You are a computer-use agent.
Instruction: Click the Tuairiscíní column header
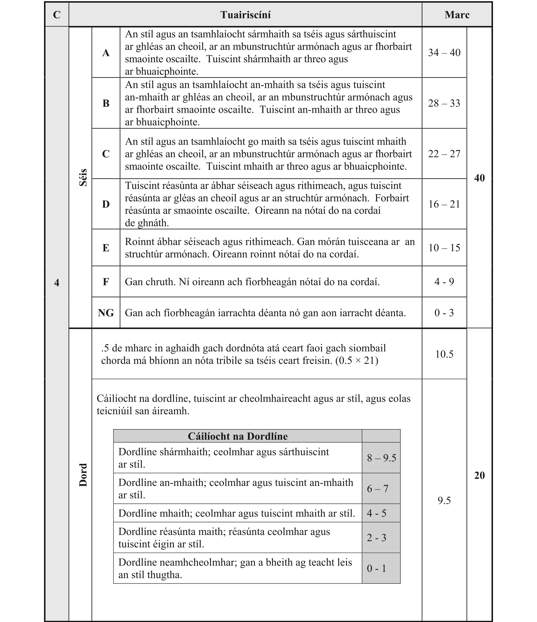point(245,15)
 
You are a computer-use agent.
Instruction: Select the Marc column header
point(457,15)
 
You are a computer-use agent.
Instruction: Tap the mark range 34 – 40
point(444,53)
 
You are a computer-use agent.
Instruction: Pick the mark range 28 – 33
point(444,103)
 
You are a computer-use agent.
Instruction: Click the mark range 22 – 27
point(444,154)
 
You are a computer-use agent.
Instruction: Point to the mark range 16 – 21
point(444,204)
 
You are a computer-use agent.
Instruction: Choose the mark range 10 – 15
point(444,248)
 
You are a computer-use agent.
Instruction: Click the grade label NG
point(106,313)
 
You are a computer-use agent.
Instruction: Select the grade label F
point(106,282)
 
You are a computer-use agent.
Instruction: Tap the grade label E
point(106,248)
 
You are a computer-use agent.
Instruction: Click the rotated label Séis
point(83,177)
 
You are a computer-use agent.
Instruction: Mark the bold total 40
point(479,178)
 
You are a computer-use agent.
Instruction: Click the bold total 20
point(479,476)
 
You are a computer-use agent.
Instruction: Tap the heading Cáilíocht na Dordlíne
point(237,436)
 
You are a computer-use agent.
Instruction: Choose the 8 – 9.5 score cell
point(381,458)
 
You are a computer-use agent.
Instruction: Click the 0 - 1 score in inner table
point(376,568)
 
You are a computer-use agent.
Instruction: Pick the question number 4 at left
point(57,282)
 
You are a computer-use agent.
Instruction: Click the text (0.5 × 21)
point(357,360)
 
